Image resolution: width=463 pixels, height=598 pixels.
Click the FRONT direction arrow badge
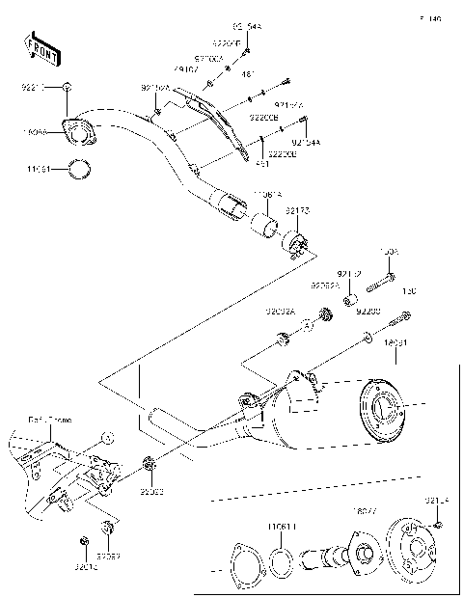point(41,48)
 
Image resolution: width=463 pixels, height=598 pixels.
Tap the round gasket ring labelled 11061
point(82,171)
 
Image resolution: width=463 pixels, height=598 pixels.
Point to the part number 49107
point(185,70)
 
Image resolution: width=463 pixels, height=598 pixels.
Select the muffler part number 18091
point(395,341)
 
